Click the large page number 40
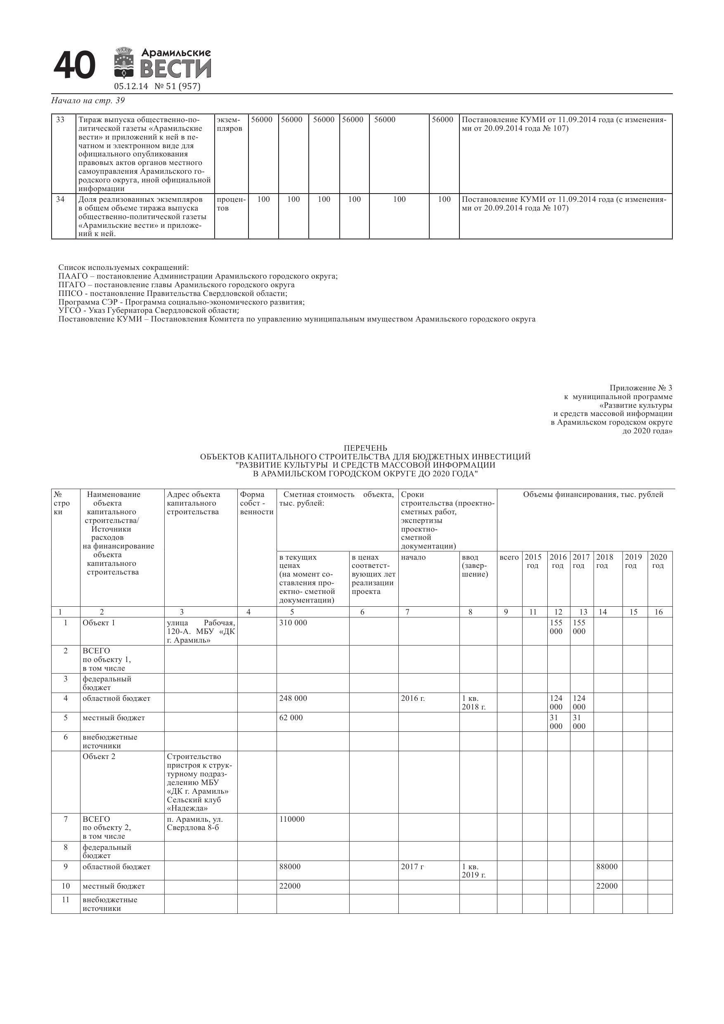(74, 66)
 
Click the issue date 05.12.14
(131, 87)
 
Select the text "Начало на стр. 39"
(88, 101)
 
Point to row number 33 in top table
(60, 120)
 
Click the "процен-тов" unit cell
(231, 204)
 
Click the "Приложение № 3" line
(641, 388)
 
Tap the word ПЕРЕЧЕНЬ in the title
(365, 448)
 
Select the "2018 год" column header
(604, 561)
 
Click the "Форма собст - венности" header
(256, 503)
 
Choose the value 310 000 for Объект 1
(293, 622)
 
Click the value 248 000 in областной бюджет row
(293, 698)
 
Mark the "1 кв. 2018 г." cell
(473, 702)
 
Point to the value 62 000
(291, 718)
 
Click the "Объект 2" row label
(99, 757)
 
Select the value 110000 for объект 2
(292, 819)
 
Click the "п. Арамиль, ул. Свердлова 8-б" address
(195, 824)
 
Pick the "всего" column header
(509, 557)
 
